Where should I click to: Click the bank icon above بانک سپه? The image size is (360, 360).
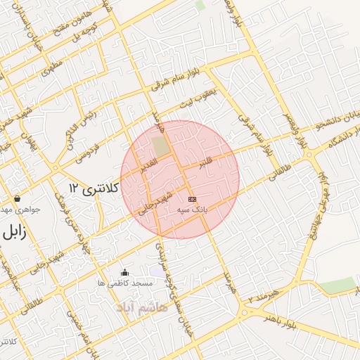point(191,200)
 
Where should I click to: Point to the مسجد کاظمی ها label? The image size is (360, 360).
point(126,283)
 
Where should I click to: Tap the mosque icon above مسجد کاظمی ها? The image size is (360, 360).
point(125,273)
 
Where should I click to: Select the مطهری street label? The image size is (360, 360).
point(52,68)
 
